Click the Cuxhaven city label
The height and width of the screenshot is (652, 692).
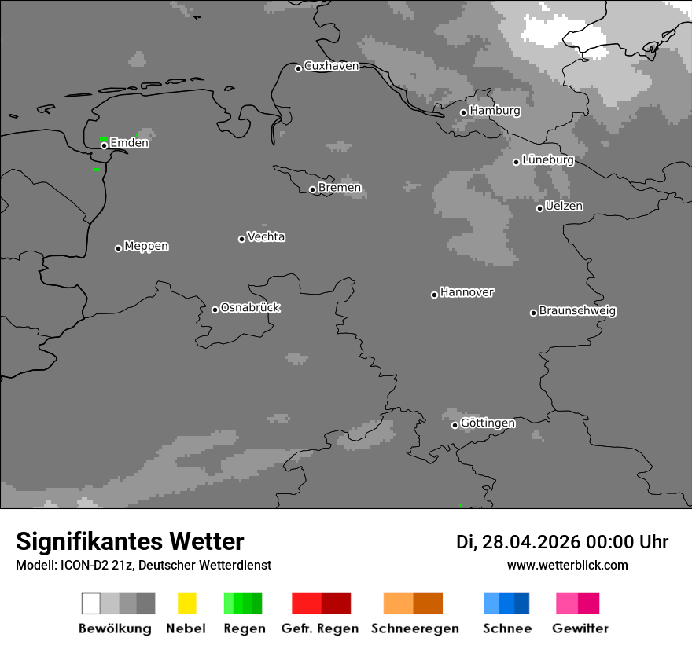pos(331,66)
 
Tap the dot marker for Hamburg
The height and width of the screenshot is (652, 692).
pos(463,112)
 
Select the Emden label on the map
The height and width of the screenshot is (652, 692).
pos(129,143)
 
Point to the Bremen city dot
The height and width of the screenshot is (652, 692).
pos(312,189)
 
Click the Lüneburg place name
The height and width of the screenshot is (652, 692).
pos(547,160)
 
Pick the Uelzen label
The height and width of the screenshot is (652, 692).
pos(564,207)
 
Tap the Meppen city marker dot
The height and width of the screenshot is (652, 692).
pos(118,248)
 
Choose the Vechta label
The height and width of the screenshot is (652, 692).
pos(266,236)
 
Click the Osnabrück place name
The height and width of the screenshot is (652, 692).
pos(250,307)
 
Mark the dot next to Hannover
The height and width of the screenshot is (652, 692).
pos(434,295)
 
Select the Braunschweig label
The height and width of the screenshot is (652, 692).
pos(577,311)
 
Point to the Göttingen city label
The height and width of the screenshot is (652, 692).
pos(488,423)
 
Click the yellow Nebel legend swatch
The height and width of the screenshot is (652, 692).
pos(186,603)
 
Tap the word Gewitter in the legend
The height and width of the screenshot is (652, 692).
pos(580,628)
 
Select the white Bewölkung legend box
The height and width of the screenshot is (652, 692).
pos(91,603)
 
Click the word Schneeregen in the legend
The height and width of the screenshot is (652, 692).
pos(415,628)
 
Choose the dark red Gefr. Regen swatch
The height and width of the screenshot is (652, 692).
pos(336,603)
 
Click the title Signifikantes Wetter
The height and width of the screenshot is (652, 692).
pos(130,542)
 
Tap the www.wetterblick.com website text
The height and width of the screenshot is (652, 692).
pos(568,565)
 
